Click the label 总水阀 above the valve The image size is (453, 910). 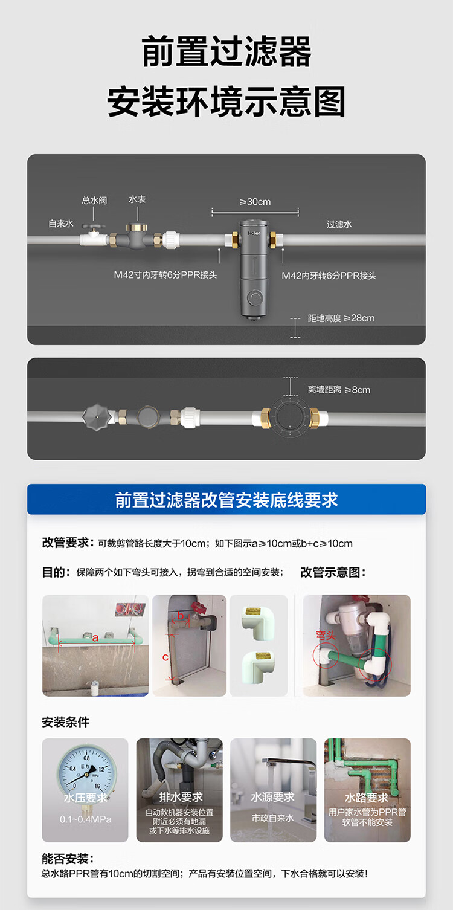click(x=94, y=200)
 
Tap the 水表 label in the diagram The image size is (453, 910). click(x=137, y=199)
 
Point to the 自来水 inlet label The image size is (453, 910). click(x=61, y=224)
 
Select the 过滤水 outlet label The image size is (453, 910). click(x=339, y=224)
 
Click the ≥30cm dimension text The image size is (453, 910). click(x=255, y=201)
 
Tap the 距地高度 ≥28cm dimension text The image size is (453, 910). click(x=341, y=318)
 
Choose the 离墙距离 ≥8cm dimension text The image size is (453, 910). click(x=339, y=390)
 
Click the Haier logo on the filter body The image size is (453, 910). click(x=254, y=234)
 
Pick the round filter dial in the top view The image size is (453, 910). click(x=290, y=417)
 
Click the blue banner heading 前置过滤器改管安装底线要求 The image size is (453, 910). click(x=226, y=500)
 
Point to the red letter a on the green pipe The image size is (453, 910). click(x=95, y=637)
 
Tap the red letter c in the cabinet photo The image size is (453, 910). click(x=165, y=657)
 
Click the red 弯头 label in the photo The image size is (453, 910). click(x=326, y=635)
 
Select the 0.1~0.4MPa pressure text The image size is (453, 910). click(x=85, y=819)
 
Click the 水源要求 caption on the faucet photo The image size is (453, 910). click(x=273, y=797)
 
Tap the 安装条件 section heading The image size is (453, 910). click(x=65, y=722)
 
